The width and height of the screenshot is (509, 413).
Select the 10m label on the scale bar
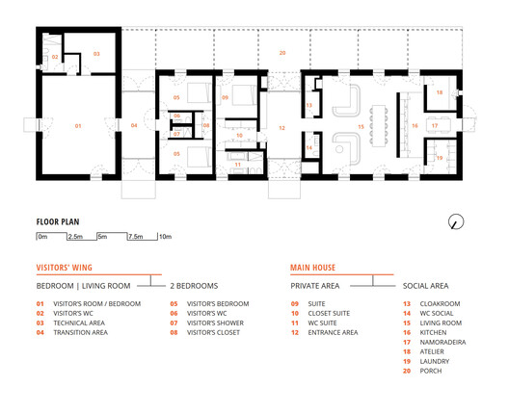tap(165, 236)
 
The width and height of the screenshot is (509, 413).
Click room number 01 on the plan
tap(78, 126)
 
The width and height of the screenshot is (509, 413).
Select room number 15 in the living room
tap(361, 126)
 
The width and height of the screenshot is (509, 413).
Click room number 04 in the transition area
tap(134, 126)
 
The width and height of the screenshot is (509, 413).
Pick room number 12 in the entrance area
tap(282, 126)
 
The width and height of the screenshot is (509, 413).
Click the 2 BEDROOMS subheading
tap(195, 286)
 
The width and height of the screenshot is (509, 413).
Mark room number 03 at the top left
tap(96, 52)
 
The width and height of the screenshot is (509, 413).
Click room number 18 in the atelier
tap(439, 92)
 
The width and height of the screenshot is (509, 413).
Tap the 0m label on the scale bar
tap(42, 236)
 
